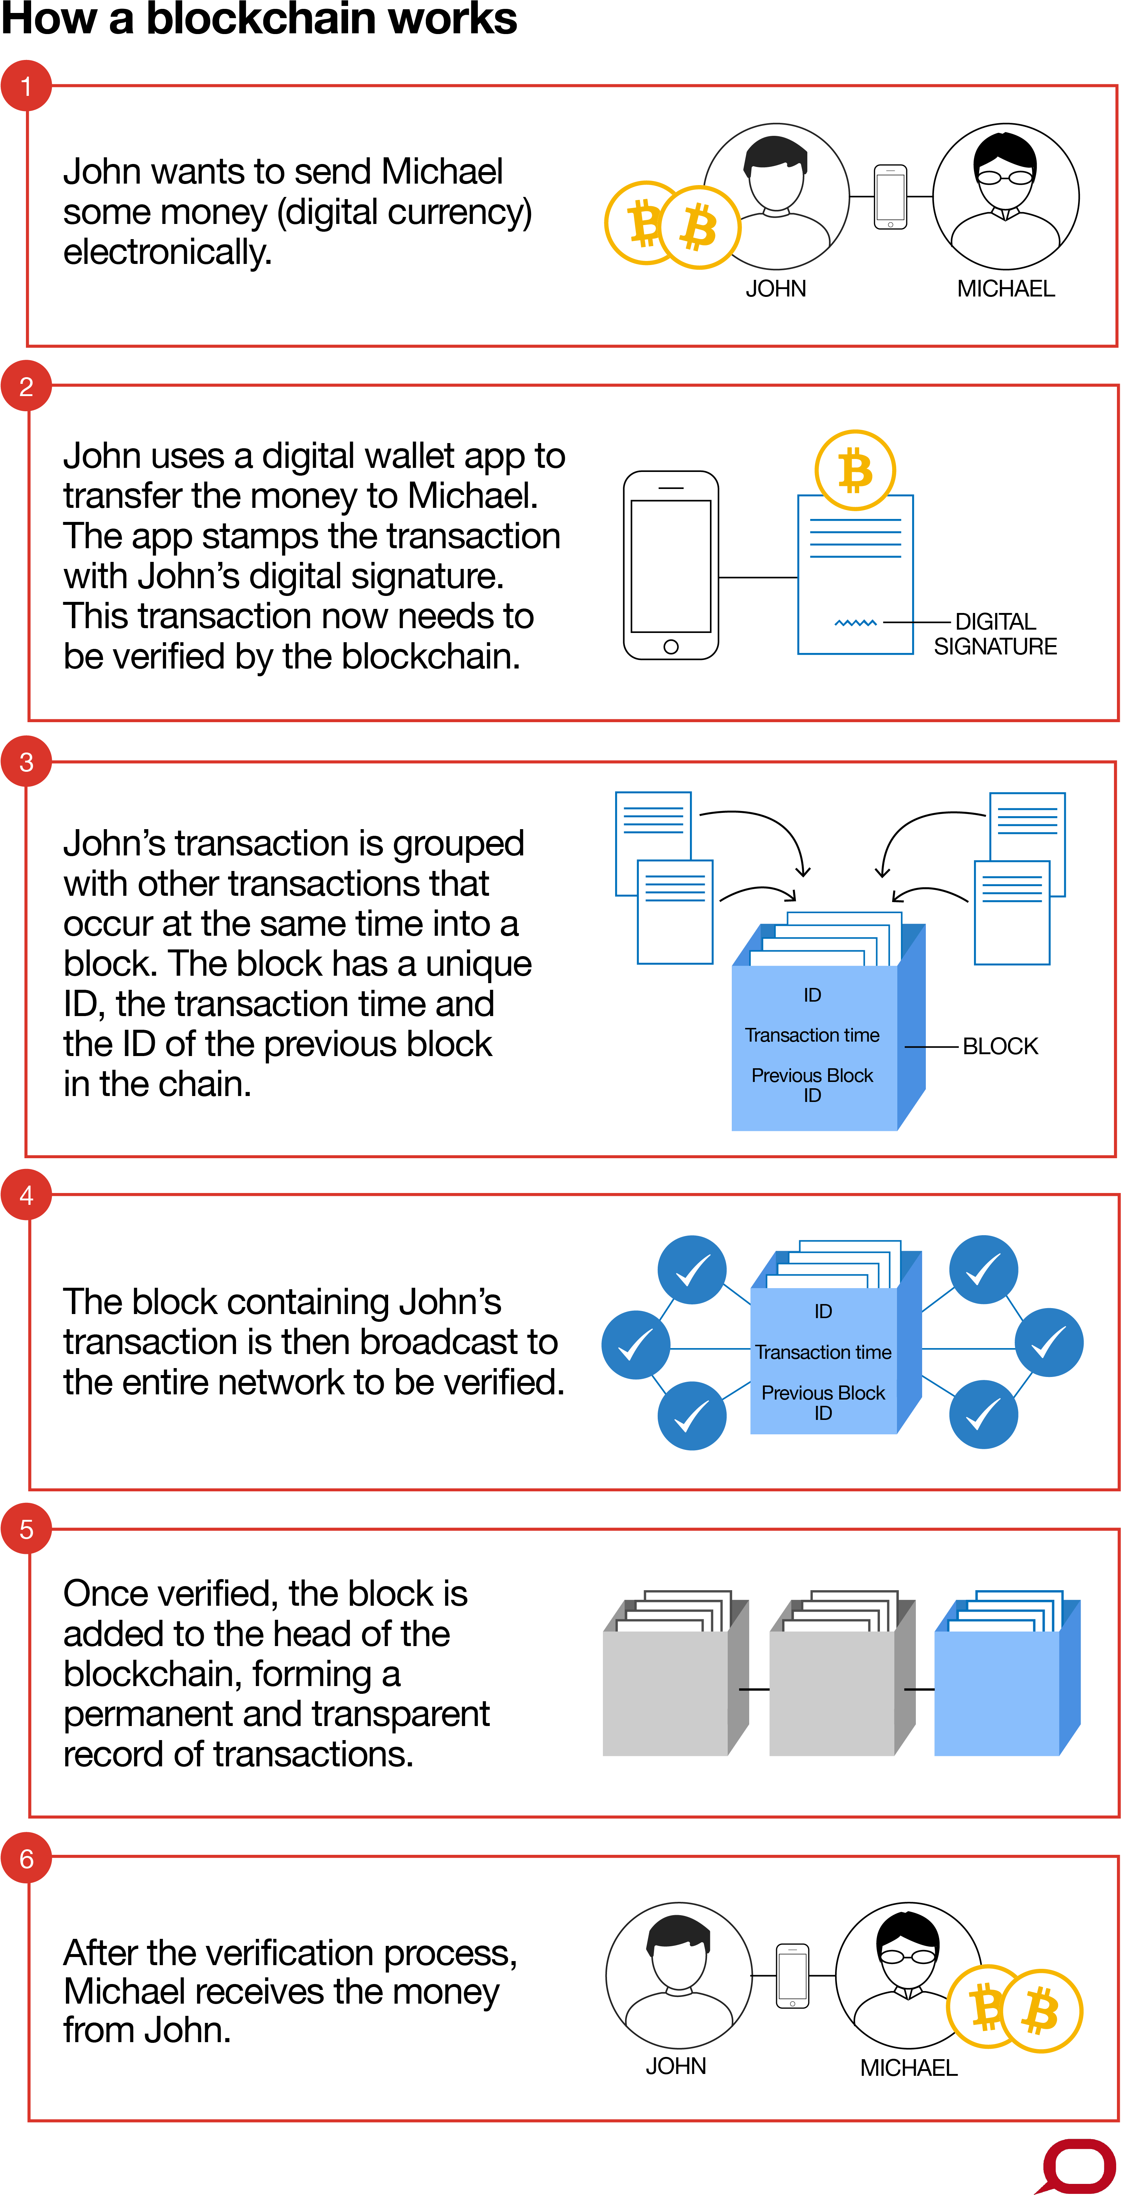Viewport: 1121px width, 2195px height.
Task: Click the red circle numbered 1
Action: pyautogui.click(x=26, y=86)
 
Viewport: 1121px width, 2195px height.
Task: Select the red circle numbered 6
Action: pyautogui.click(x=26, y=1859)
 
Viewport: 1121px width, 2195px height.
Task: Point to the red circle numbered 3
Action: pyautogui.click(x=26, y=762)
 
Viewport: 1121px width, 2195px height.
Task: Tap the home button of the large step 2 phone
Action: pyautogui.click(x=671, y=647)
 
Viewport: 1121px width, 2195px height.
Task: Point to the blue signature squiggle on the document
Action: pyautogui.click(x=855, y=623)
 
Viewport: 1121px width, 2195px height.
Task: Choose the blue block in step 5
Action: pyautogui.click(x=997, y=1692)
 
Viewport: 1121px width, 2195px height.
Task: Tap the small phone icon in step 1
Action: pyautogui.click(x=890, y=197)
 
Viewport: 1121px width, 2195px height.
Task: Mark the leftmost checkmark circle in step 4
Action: pyautogui.click(x=635, y=1345)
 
